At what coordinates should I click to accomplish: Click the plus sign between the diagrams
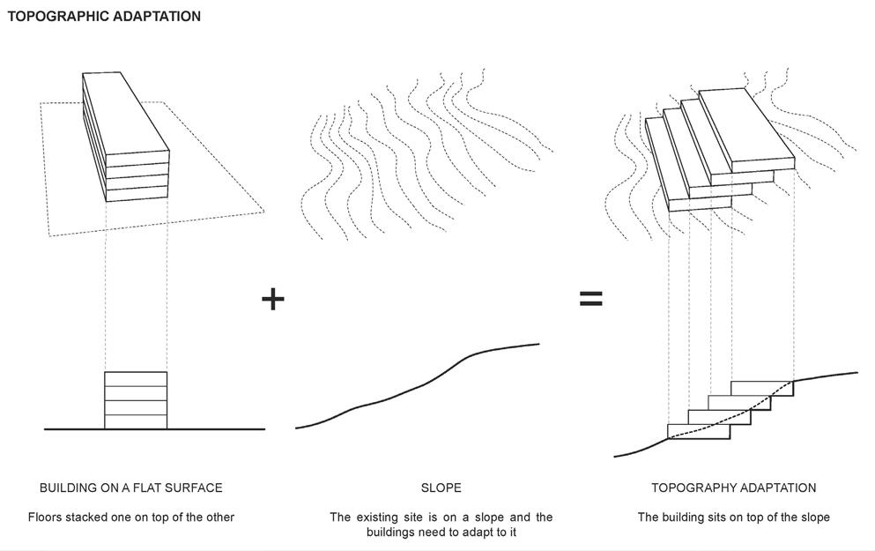(x=273, y=299)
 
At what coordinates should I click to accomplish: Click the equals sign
(x=590, y=299)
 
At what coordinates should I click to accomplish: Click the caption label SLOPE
(x=441, y=488)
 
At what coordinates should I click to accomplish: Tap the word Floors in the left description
(x=44, y=517)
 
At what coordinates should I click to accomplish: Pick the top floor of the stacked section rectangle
(x=136, y=379)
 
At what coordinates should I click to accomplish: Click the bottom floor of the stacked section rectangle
(x=136, y=421)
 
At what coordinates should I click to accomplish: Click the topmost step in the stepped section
(x=762, y=388)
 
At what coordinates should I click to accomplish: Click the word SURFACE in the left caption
(x=196, y=488)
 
